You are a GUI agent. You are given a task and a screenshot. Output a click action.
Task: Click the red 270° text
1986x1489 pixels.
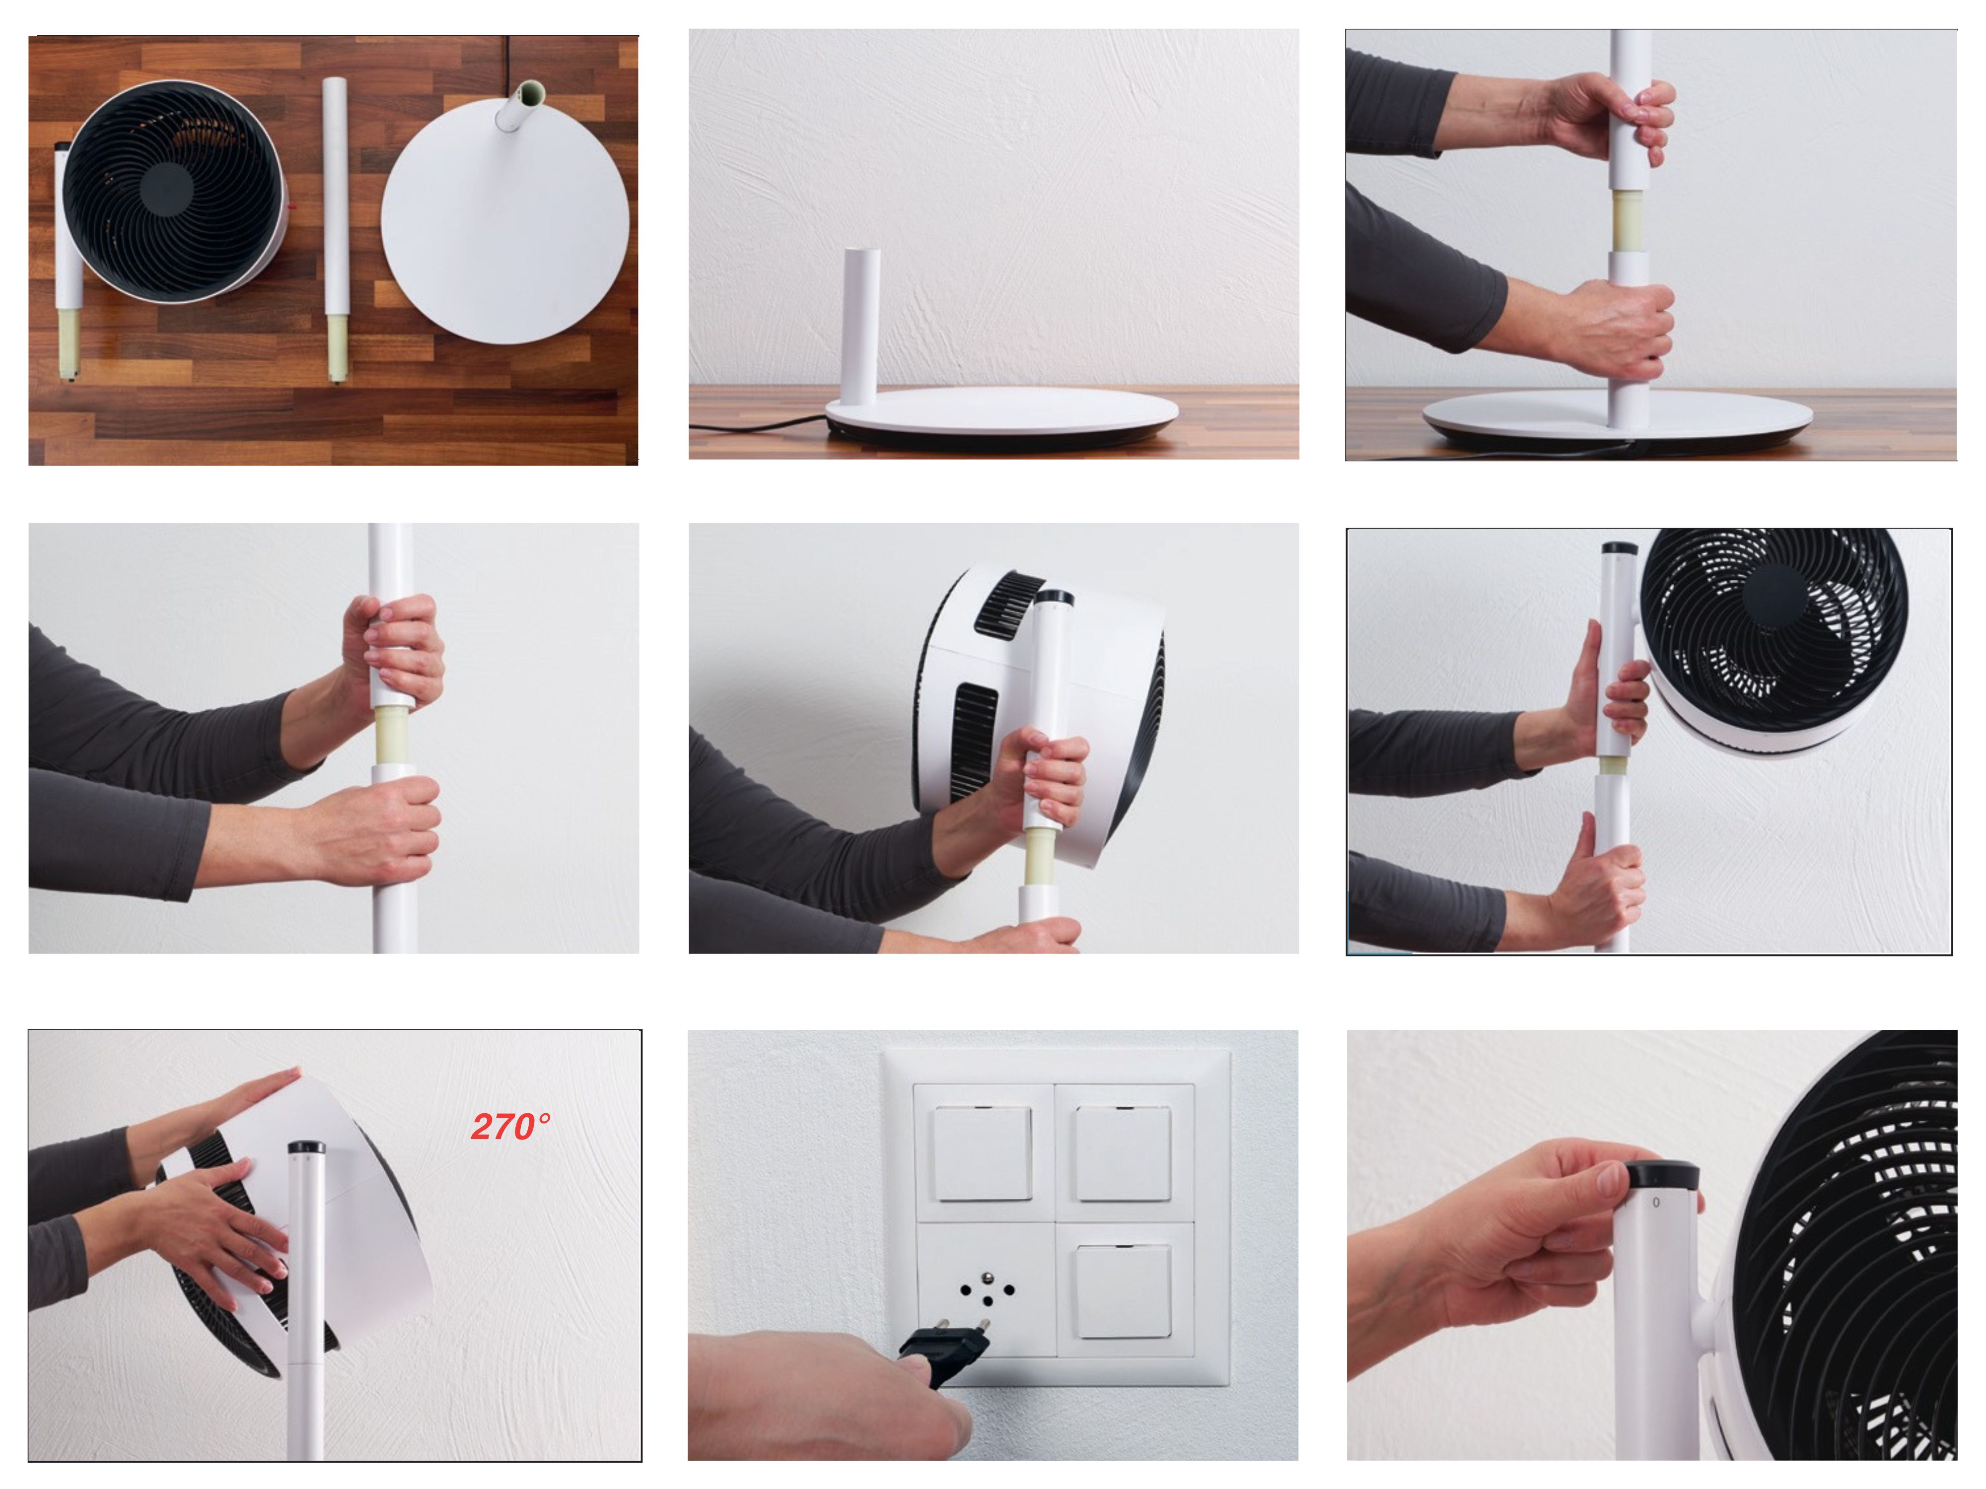click(x=511, y=1126)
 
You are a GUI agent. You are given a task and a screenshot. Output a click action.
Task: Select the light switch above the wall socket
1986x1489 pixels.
click(x=983, y=1153)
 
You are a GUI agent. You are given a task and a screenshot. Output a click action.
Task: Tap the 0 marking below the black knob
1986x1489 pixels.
click(x=1656, y=1202)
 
